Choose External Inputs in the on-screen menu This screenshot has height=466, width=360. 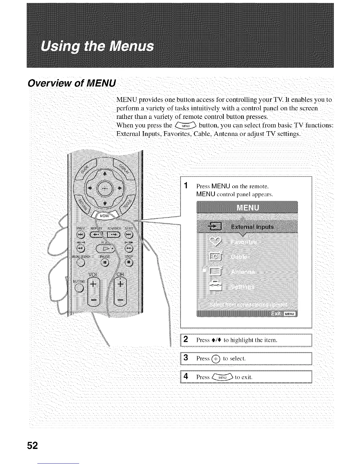252,227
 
